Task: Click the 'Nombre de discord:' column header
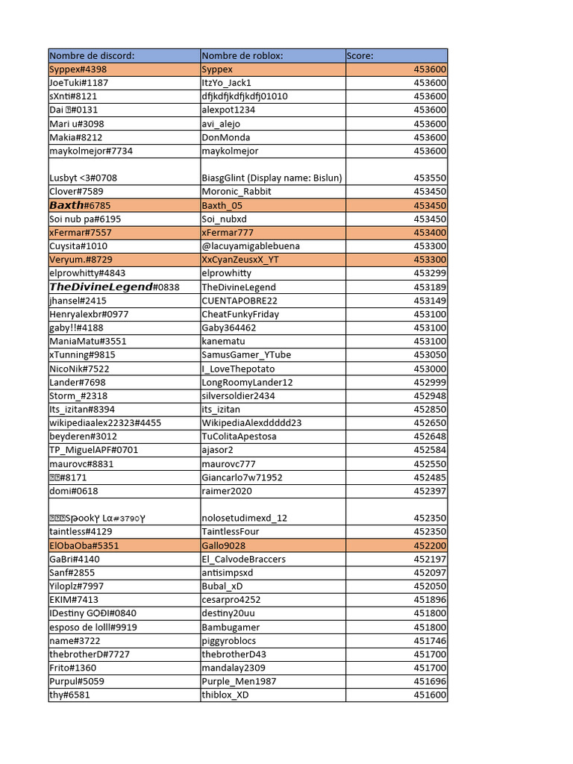point(92,56)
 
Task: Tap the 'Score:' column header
point(360,56)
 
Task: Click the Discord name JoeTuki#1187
point(79,83)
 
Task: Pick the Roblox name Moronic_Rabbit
point(237,192)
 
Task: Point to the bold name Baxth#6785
point(80,205)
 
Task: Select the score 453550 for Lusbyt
point(430,178)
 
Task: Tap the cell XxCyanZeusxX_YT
point(240,260)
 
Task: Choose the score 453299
point(430,273)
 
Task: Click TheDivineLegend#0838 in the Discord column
point(114,287)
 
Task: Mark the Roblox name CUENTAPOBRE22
point(239,301)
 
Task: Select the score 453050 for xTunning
point(430,355)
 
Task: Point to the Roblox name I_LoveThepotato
point(238,369)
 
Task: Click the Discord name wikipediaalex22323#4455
point(105,423)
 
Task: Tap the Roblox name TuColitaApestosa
point(239,436)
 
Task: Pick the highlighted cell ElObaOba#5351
point(84,545)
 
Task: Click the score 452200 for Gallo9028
point(430,545)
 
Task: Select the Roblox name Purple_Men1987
point(239,681)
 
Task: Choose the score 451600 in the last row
point(430,695)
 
